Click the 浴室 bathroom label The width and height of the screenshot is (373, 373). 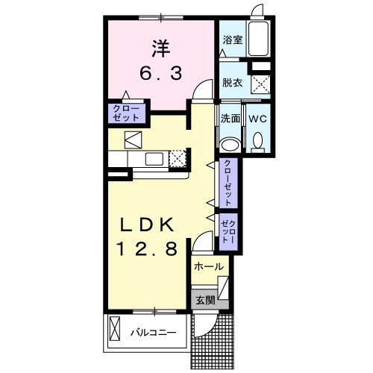tap(233, 40)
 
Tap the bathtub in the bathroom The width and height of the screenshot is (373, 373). tap(259, 39)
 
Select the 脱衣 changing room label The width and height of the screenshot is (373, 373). tap(233, 83)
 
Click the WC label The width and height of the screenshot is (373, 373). tap(258, 119)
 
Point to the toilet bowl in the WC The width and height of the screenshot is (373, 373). tap(257, 142)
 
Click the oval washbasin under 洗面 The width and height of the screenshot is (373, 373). tap(231, 145)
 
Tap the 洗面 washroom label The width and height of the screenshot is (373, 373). tap(231, 119)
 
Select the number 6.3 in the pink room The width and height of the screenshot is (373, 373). tap(160, 74)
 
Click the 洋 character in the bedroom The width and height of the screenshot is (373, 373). tap(161, 48)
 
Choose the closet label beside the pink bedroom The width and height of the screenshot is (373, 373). tap(127, 113)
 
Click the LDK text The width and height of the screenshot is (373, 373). tap(147, 225)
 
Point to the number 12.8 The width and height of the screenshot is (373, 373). tap(147, 249)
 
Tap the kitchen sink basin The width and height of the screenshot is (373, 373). tap(154, 159)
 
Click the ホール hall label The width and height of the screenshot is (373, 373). tap(209, 267)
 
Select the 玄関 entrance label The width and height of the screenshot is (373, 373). tap(205, 301)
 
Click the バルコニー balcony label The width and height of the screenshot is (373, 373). tap(154, 333)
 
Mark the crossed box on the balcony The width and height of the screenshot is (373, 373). tap(115, 329)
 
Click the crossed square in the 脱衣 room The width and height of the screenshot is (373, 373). tap(260, 84)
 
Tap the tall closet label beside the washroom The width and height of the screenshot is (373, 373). tap(228, 183)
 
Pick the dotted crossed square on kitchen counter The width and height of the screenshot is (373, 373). tap(178, 159)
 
